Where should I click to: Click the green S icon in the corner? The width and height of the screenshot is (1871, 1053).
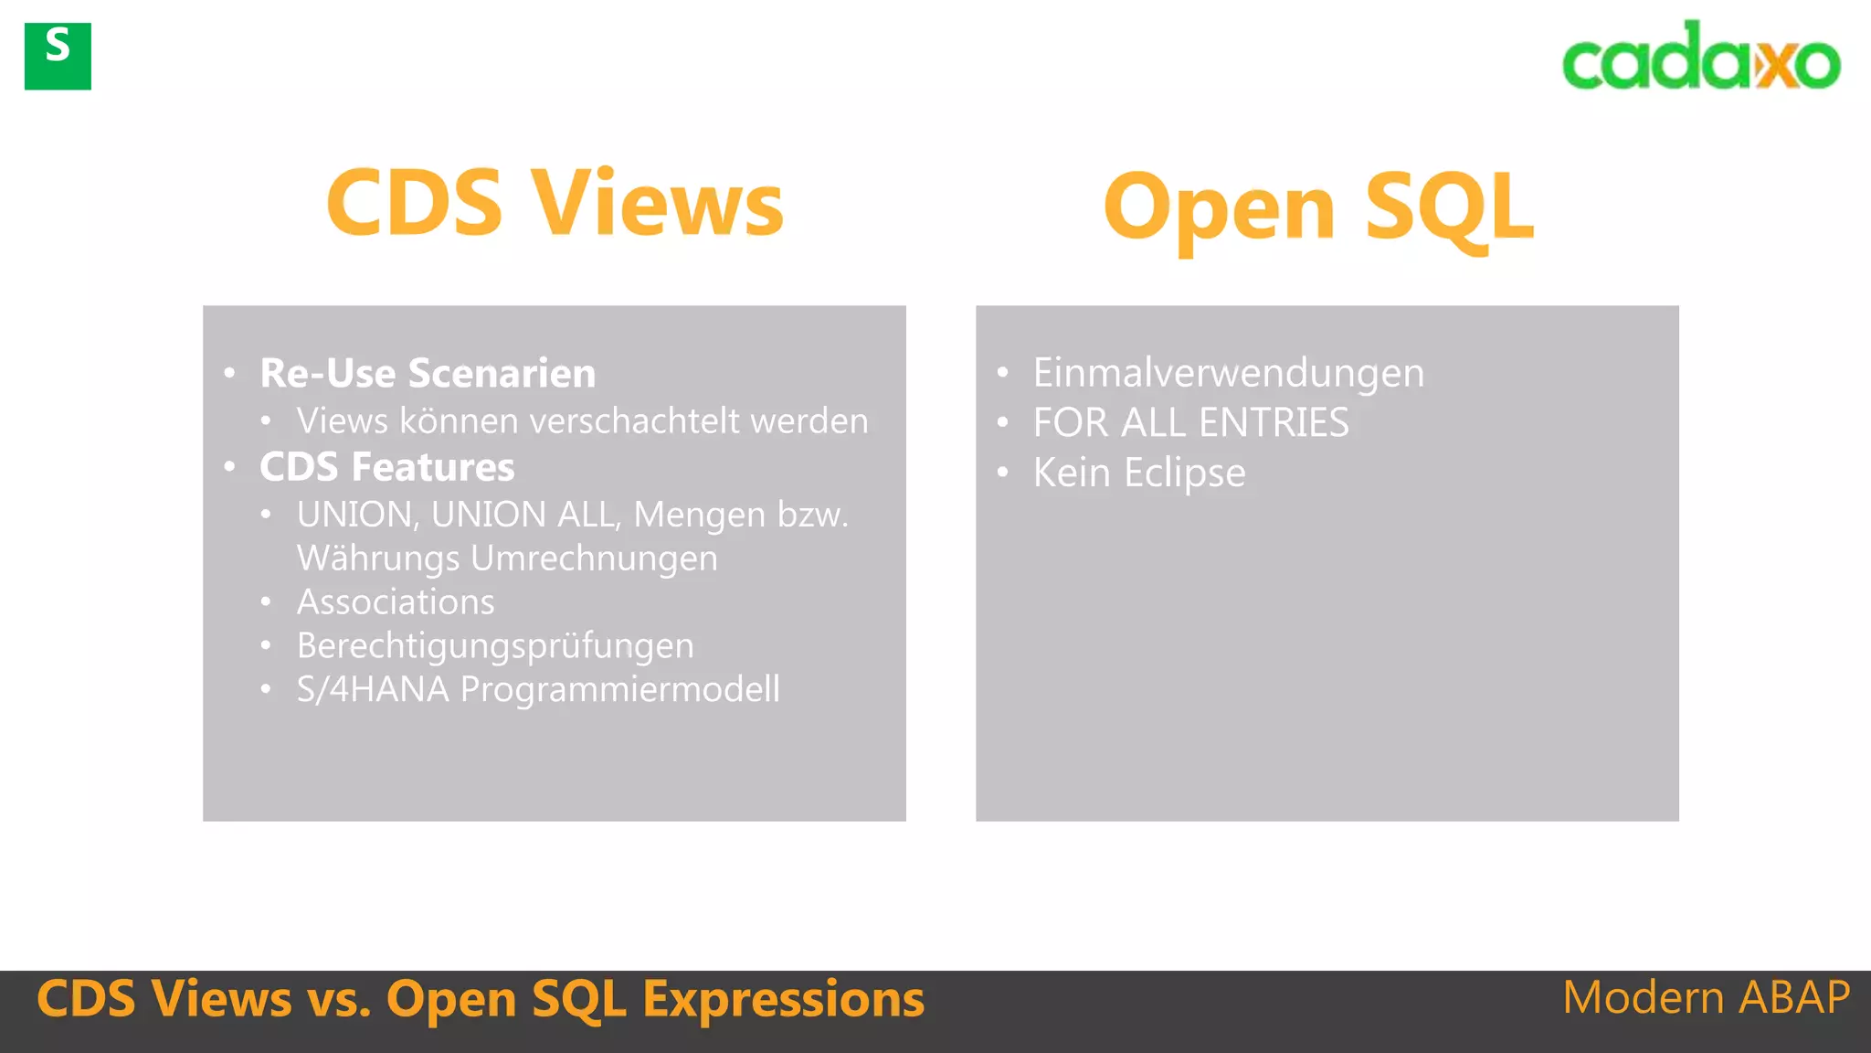coord(58,57)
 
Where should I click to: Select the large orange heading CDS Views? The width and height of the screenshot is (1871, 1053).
coord(555,203)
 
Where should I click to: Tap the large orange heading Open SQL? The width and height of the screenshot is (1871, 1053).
coord(1318,208)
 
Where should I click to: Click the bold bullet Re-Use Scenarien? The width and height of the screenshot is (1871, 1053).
coord(428,373)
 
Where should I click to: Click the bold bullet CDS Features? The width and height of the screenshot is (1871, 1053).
coord(386,467)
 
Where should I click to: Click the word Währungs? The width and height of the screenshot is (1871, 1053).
coord(378,558)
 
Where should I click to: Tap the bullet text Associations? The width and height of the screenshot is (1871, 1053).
coord(396,602)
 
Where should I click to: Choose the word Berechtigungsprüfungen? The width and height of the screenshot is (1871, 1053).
coord(495,646)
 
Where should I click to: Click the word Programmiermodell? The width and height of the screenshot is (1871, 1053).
coord(620,689)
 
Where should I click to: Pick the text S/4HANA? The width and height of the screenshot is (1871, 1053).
coord(373,689)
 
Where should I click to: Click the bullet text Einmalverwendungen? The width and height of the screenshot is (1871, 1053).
coord(1228,373)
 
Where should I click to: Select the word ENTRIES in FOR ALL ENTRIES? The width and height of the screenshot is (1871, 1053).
coord(1273,423)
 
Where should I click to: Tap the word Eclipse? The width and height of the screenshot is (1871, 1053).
coord(1184,473)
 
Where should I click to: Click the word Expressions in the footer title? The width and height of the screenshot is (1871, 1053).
coord(783,998)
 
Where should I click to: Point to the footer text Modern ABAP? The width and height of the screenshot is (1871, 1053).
coord(1706,997)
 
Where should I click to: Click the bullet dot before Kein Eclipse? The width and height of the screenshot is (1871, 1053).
coord(1003,473)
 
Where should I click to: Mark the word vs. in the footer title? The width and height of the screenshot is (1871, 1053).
coord(339,998)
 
